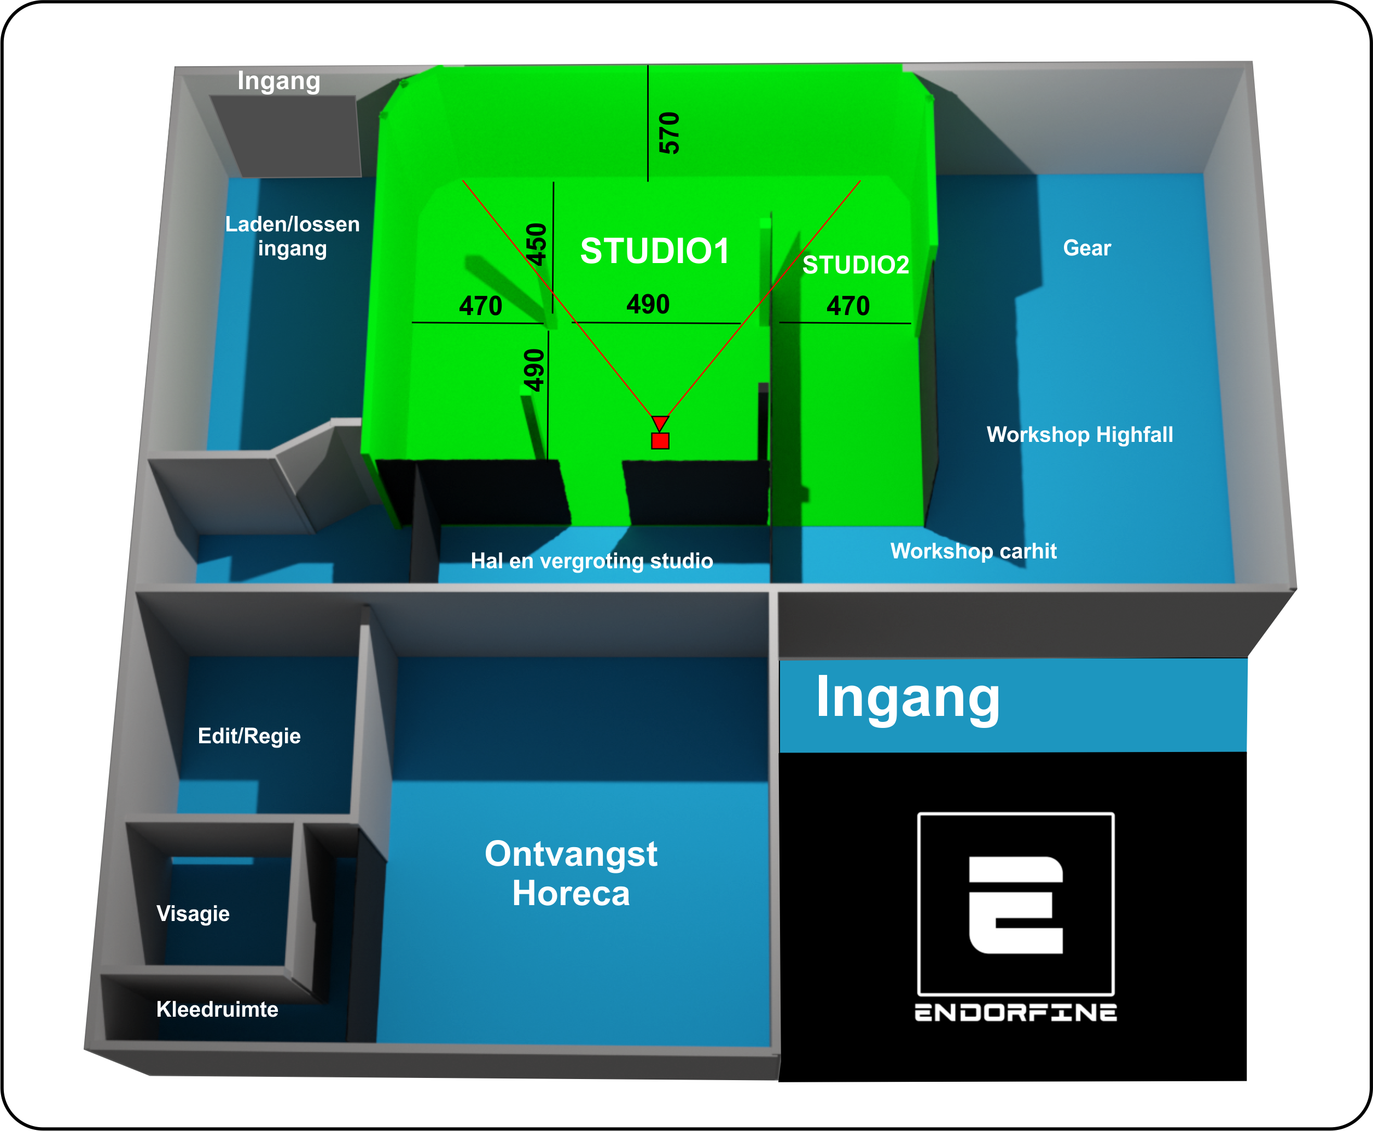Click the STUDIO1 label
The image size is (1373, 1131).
(654, 251)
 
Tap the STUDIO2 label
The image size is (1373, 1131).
(855, 265)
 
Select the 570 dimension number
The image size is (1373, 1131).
(669, 133)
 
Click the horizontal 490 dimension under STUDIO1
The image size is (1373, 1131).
(648, 304)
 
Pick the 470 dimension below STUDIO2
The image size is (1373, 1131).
(848, 306)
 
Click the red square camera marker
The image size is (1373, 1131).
(660, 441)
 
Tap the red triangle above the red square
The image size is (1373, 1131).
(660, 423)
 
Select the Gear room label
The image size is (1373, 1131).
(1086, 248)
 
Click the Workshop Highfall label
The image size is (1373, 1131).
(1079, 435)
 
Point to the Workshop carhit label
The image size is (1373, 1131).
(973, 551)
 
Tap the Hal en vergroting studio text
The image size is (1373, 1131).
(592, 561)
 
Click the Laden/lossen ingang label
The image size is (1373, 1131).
(292, 236)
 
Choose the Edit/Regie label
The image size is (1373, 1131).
(249, 736)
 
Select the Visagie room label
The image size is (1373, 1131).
(193, 913)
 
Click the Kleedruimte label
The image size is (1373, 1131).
(217, 1009)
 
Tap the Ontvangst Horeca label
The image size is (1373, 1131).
(571, 873)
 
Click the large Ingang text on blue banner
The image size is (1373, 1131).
(907, 698)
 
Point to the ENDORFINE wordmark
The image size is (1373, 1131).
(1015, 1012)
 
